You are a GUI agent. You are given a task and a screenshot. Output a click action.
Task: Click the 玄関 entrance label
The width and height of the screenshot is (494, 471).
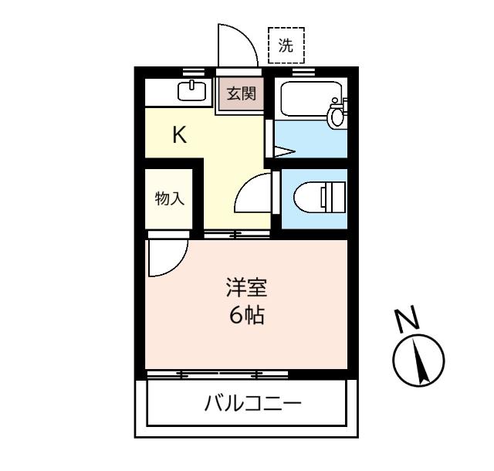click(x=240, y=95)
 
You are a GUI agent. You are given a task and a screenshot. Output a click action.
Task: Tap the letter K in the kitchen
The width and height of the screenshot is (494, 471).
click(x=179, y=135)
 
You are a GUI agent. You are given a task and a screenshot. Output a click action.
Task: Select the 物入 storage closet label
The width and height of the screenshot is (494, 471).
click(x=169, y=198)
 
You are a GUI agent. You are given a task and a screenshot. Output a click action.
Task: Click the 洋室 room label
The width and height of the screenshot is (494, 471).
click(x=245, y=289)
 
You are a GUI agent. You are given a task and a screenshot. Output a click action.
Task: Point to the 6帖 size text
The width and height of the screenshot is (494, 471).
click(x=245, y=315)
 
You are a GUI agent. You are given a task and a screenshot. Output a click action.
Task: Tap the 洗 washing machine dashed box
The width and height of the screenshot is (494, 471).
click(x=286, y=45)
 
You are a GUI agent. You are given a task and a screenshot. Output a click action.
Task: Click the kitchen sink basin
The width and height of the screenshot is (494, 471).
click(x=192, y=90)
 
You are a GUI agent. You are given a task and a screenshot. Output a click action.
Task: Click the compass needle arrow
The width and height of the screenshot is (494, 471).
click(x=421, y=361)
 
